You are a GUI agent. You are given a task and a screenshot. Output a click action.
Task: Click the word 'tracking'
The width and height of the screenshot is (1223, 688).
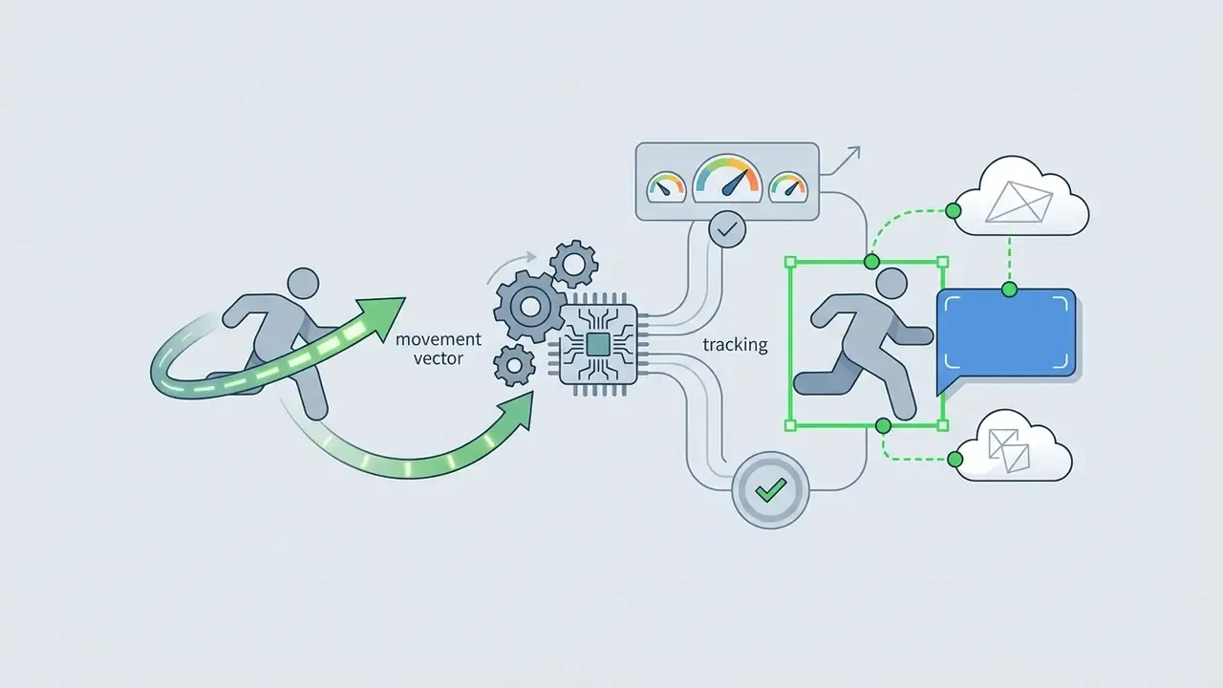coord(735,345)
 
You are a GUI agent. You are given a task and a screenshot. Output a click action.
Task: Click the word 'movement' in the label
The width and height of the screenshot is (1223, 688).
coord(438,339)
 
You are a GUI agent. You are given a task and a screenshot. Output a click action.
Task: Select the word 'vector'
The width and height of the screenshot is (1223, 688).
coord(438,358)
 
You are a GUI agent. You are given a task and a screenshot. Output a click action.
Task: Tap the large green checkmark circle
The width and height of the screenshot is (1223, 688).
coord(770,490)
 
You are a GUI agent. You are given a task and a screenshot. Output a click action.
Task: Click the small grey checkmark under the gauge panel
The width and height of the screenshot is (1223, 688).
coord(727,230)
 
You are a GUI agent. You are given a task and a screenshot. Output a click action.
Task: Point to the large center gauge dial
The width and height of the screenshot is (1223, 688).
coord(727,178)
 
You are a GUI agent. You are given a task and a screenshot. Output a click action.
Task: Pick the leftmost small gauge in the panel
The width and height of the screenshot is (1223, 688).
coord(666,187)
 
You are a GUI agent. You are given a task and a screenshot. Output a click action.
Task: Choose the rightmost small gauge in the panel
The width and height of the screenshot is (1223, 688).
coord(788,187)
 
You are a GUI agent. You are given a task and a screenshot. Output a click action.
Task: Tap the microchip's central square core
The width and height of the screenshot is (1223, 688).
coord(598,345)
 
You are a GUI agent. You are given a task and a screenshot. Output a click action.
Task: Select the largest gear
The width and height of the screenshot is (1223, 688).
coord(529,307)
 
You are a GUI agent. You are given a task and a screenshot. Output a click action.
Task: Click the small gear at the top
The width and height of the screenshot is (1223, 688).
coord(574,264)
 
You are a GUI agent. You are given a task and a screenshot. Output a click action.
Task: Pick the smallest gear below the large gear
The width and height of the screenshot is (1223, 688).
coord(514,365)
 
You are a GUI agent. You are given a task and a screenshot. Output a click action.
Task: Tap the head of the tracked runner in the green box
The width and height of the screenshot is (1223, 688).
coord(891,284)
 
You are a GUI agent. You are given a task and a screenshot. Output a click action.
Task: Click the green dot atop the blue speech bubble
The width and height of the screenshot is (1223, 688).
coord(1010,290)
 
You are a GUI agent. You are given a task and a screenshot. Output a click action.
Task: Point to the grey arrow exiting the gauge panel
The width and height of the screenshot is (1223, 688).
coord(841,161)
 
